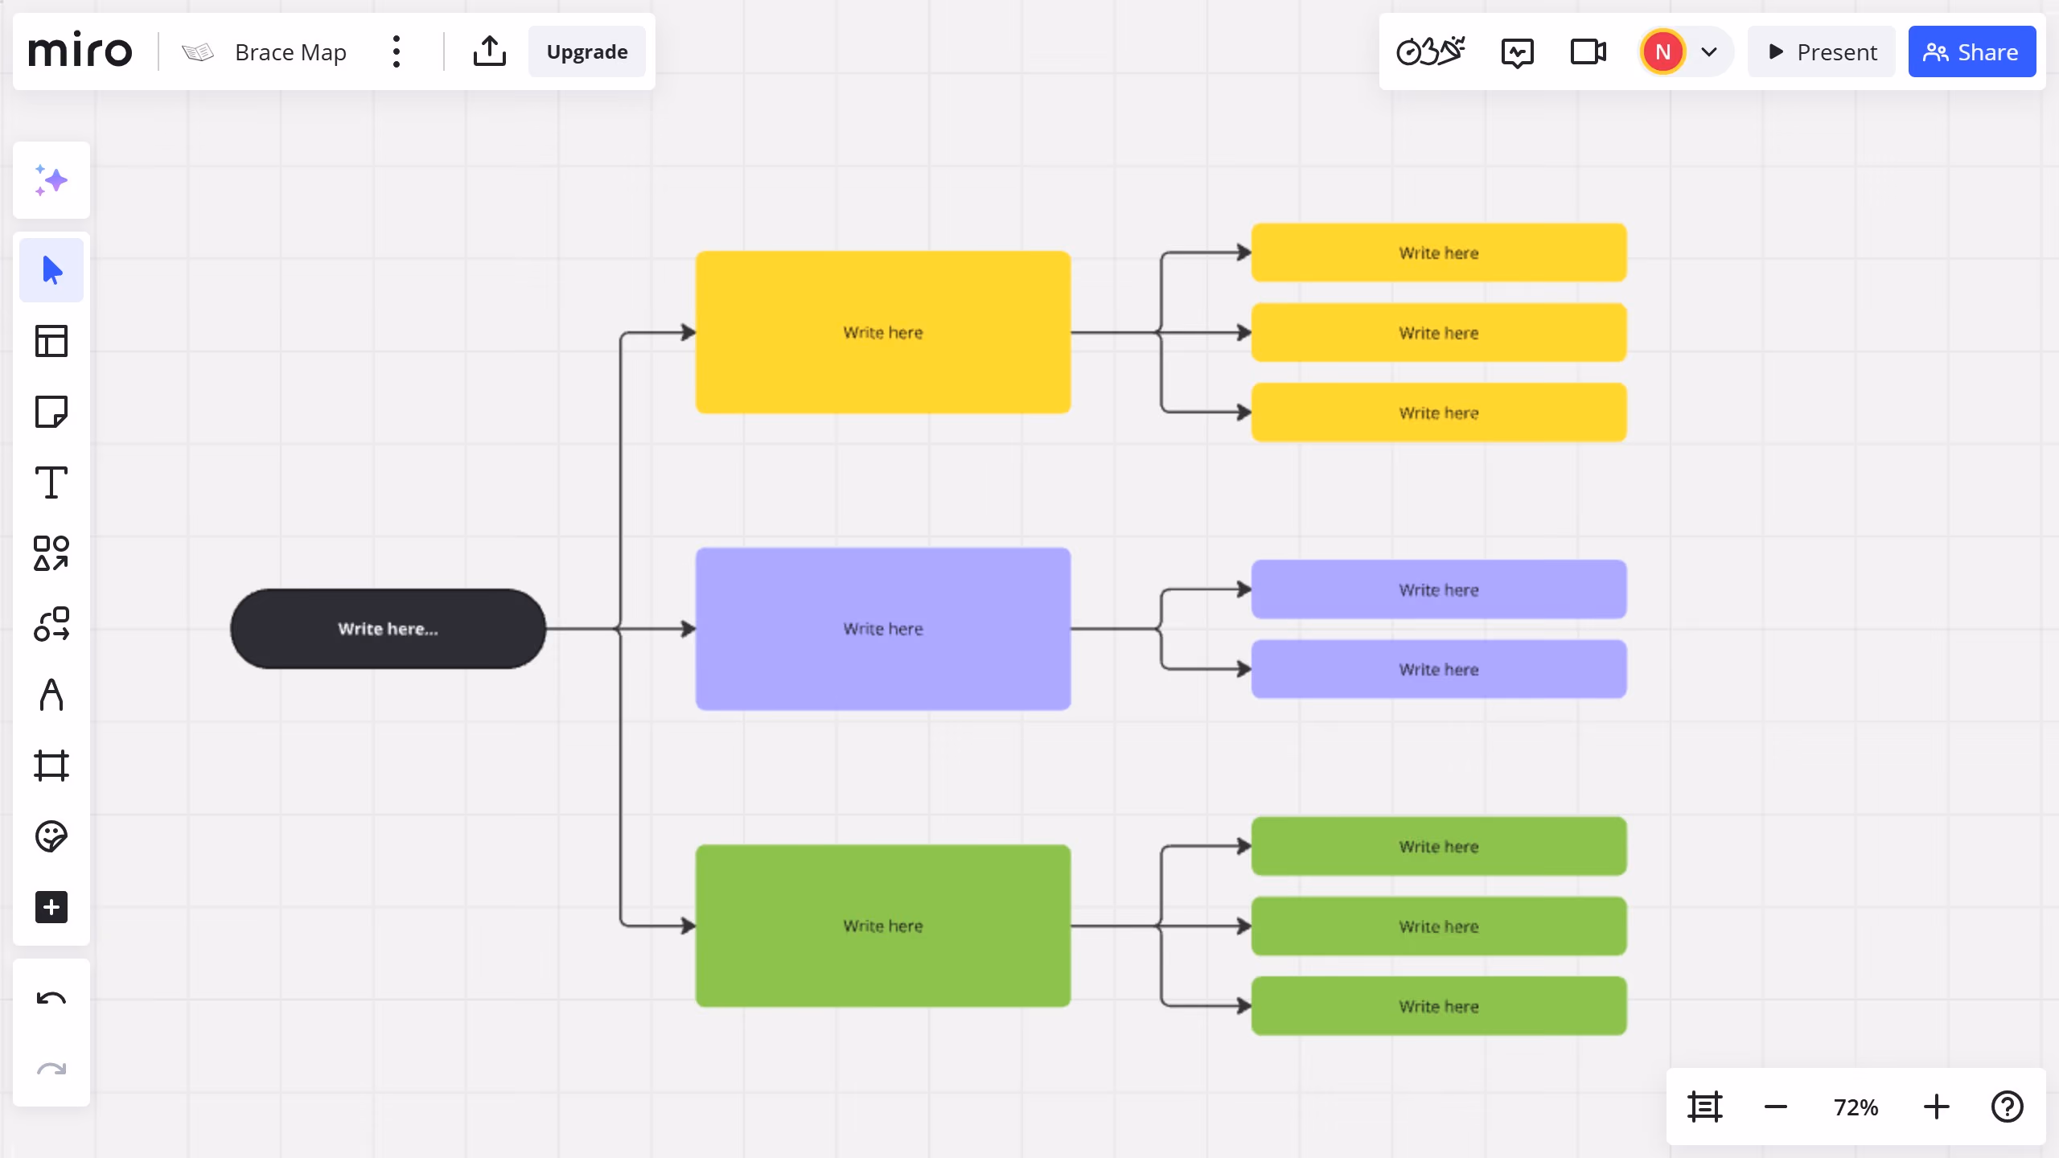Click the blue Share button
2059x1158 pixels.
tap(1971, 52)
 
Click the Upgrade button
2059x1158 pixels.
tap(587, 52)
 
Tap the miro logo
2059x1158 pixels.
tap(80, 50)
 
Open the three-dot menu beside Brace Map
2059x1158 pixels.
tap(397, 52)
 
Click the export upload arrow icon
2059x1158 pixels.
tap(490, 51)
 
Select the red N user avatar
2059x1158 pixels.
tap(1663, 52)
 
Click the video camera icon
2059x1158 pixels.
tap(1588, 52)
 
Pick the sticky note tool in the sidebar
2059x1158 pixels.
tap(51, 412)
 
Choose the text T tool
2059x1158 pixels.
tap(51, 482)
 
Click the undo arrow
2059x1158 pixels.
tap(51, 1000)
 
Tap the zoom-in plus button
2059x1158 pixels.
tap(1937, 1107)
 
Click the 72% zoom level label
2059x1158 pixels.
tap(1856, 1107)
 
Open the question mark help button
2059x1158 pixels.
tap(2008, 1107)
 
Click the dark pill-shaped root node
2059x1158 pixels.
tap(388, 629)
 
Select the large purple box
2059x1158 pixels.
tap(883, 629)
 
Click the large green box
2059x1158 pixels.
tap(883, 926)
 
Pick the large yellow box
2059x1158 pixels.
tap(883, 332)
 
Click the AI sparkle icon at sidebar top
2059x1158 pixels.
tap(51, 180)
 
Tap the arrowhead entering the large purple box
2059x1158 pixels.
tap(688, 629)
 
